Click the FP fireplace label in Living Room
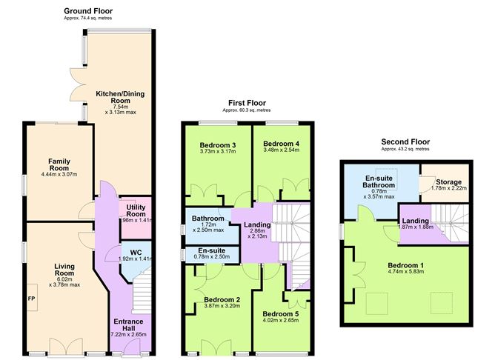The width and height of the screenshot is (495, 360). coord(31,299)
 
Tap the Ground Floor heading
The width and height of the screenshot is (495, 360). coord(88,11)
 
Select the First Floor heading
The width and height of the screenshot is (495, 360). coord(247,103)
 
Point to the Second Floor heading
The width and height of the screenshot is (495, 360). coord(405,141)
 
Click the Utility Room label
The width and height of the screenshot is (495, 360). coord(136,210)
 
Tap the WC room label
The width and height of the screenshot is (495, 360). coord(136,253)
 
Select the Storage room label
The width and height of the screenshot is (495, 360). coord(448,182)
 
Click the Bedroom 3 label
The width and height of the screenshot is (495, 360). coord(218,145)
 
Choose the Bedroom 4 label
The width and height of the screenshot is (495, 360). coord(282,144)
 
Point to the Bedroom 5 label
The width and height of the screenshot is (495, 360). coord(281,314)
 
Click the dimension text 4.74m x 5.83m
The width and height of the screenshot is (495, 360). coord(405,272)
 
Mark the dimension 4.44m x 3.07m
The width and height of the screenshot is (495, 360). coord(59,174)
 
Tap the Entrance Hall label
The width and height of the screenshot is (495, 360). coord(128,324)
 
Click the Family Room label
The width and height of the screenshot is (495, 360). coord(59,164)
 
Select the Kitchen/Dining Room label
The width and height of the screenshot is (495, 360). coord(120,97)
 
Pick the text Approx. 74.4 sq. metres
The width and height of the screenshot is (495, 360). coord(87,19)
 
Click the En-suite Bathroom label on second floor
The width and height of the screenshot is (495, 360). coord(379,181)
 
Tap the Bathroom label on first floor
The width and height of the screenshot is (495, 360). coord(208,219)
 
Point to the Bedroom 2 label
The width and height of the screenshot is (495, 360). coord(222,300)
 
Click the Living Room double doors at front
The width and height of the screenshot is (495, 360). coord(66,347)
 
